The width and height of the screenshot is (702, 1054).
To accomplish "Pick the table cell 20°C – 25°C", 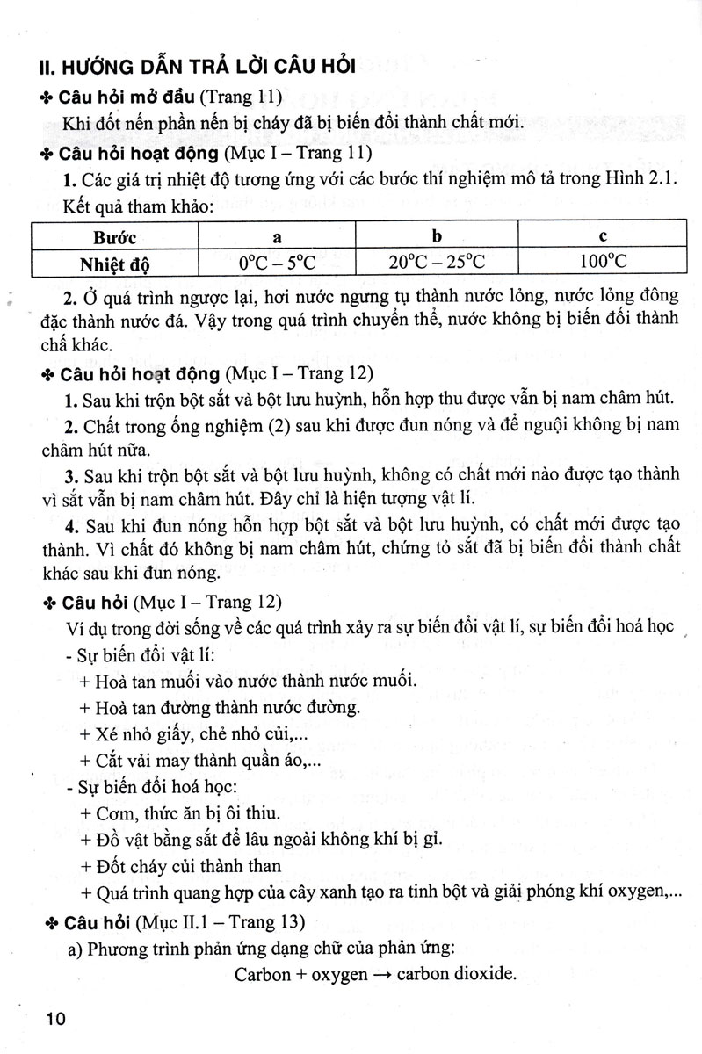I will click(x=437, y=261).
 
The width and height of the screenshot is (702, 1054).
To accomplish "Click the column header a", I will click(x=276, y=236).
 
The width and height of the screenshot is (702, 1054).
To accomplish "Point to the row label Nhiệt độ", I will click(x=112, y=261).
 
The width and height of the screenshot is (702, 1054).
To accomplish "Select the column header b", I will click(x=437, y=235).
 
